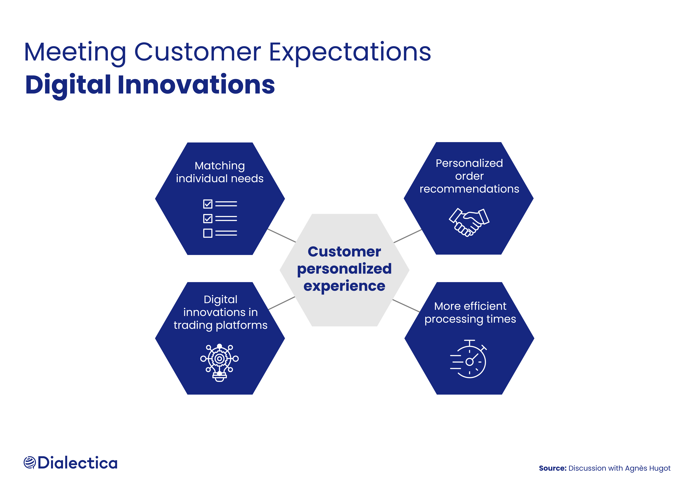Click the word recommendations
[x=469, y=189]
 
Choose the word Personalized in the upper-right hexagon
[x=469, y=163]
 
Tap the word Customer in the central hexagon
[x=344, y=252]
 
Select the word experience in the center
[x=344, y=286]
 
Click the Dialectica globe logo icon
[x=30, y=463]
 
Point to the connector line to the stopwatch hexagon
[x=406, y=306]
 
